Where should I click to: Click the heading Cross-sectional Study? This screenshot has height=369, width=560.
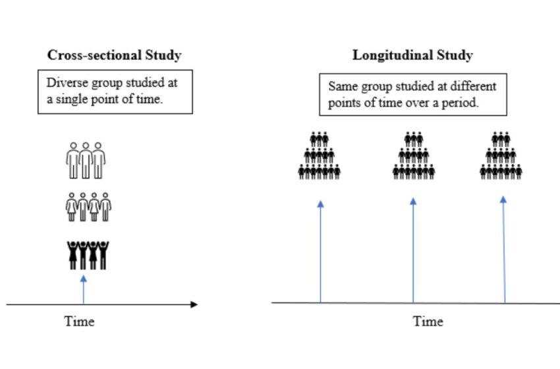[114, 55]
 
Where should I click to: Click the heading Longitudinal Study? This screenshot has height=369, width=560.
[412, 55]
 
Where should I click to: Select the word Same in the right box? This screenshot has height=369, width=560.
[342, 87]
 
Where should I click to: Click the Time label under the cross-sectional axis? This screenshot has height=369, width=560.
[79, 322]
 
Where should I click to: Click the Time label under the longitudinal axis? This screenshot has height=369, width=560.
[428, 322]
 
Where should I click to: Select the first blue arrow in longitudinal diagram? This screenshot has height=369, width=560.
[320, 250]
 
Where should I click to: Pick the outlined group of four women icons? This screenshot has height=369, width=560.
[88, 206]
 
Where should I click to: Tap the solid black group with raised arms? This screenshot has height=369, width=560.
[88, 254]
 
